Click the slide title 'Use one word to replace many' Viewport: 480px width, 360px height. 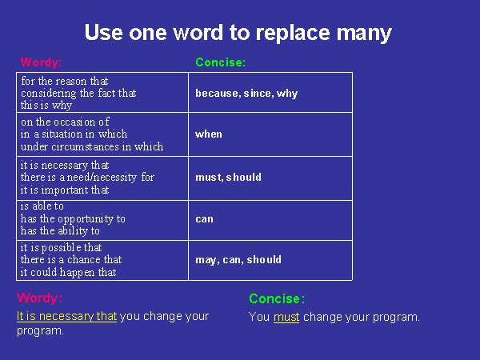(238, 33)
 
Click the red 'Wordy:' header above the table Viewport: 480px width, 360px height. (42, 62)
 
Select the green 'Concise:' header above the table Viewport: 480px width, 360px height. (221, 62)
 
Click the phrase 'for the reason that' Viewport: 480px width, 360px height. (65, 81)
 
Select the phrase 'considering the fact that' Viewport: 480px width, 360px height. (78, 93)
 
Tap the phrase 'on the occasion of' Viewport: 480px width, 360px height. (65, 122)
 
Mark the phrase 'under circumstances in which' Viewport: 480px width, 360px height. (92, 146)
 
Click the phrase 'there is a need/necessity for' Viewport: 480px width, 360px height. (87, 178)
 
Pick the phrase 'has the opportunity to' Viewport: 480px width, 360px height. (73, 219)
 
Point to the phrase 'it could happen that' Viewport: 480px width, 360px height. (68, 272)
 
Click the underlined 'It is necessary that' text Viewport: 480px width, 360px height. (66, 316)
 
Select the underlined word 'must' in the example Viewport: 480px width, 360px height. (286, 317)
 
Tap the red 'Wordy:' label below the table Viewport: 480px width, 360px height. (40, 298)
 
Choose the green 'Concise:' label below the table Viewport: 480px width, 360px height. (277, 298)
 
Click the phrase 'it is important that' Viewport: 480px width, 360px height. (65, 190)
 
